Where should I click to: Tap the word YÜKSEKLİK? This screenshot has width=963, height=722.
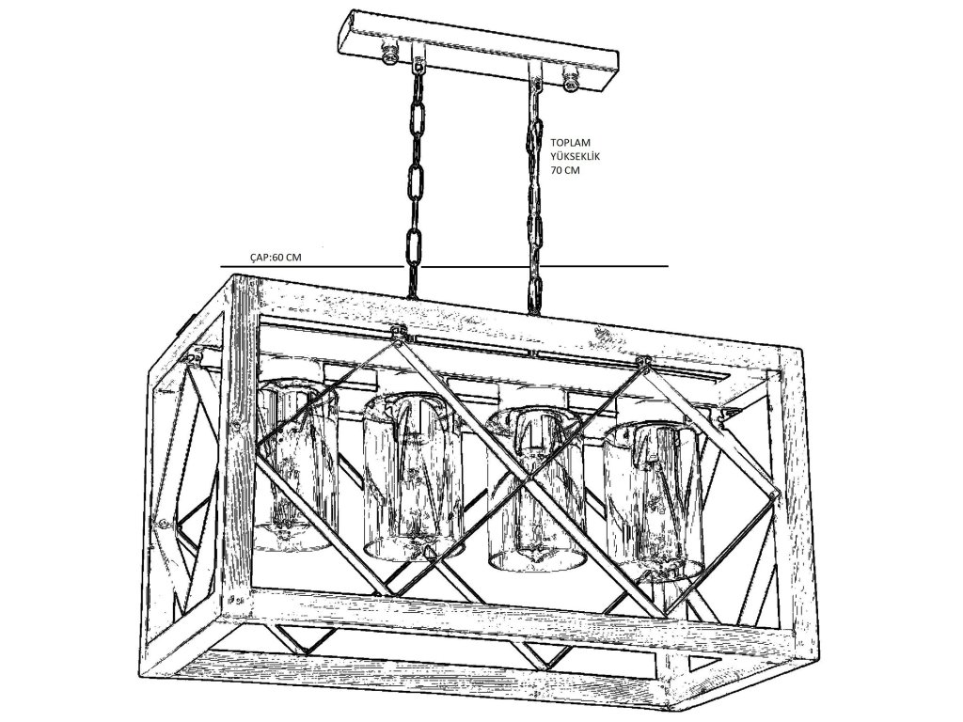click(576, 159)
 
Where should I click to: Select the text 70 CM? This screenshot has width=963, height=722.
click(567, 172)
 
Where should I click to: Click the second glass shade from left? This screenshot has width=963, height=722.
click(411, 475)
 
